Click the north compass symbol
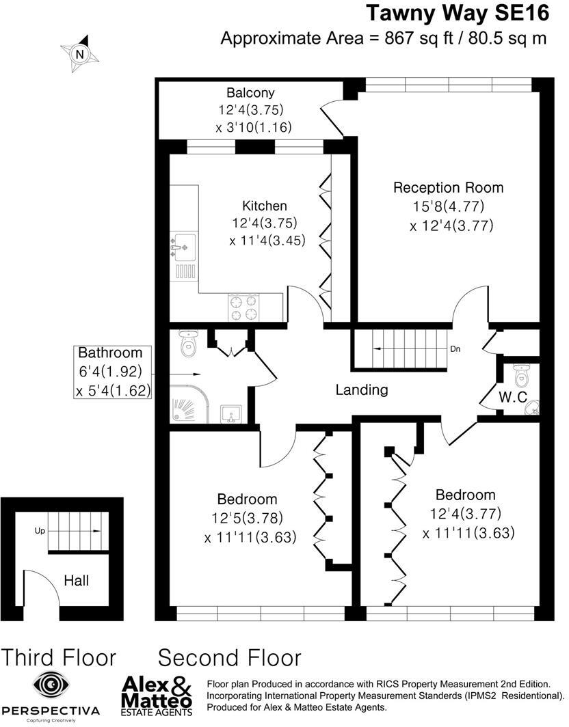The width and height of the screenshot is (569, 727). pos(80,53)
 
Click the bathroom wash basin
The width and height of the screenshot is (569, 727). pos(231,413)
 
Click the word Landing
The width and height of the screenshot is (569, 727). pos(362,390)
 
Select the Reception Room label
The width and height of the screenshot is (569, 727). pos(448,187)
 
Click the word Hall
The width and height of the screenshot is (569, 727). pos(76,581)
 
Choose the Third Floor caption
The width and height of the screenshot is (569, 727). pos(59,657)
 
